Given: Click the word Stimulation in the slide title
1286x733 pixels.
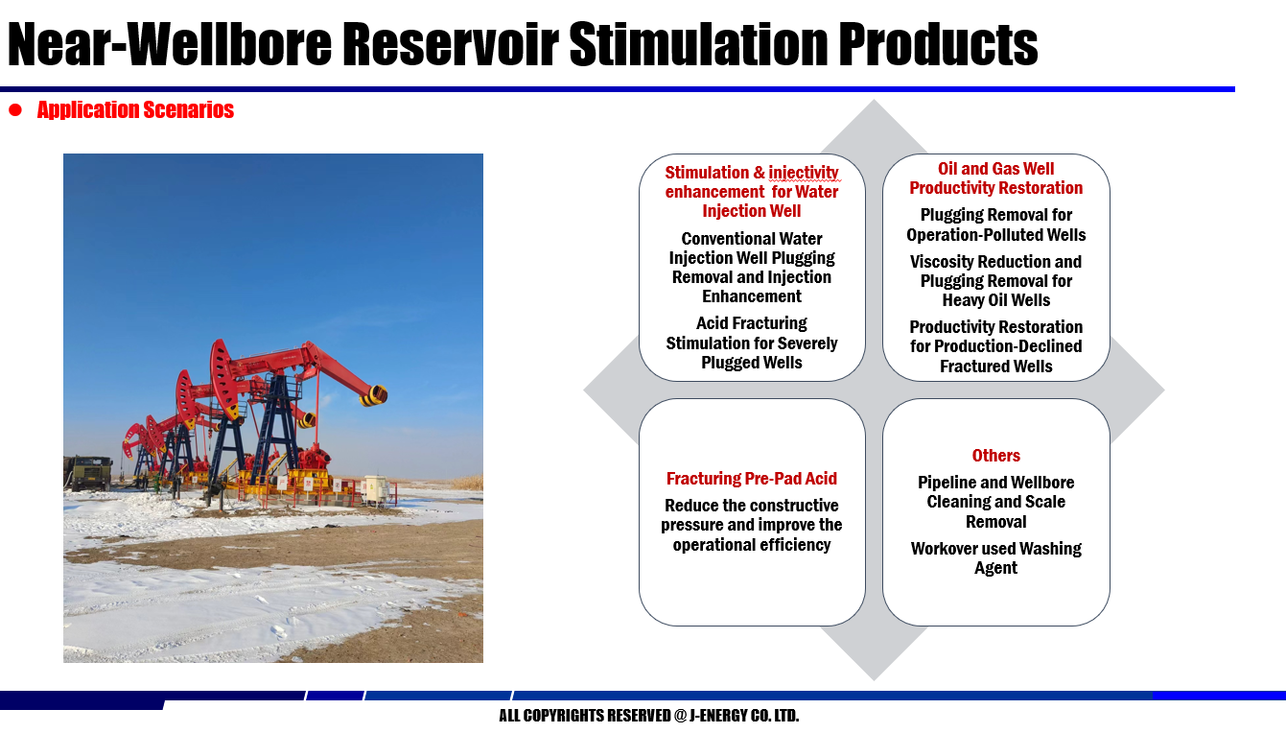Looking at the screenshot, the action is point(699,44).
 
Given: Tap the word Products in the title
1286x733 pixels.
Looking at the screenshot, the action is point(938,44).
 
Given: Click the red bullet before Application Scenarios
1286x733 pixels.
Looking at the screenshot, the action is point(15,109).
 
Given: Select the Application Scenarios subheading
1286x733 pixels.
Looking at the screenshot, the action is point(135,109).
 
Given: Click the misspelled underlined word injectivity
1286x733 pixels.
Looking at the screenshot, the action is point(804,173).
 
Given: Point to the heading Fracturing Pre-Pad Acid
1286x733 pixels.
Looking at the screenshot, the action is point(752,478).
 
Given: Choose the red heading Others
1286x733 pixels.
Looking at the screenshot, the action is point(996,455).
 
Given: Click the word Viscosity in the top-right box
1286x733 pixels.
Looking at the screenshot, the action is point(942,262).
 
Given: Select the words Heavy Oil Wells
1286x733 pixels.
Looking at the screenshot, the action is point(996,300).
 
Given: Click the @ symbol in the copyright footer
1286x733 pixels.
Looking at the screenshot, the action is point(680,715).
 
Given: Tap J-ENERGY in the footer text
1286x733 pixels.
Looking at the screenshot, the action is point(717,715).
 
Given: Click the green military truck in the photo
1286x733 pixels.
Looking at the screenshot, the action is point(89,472).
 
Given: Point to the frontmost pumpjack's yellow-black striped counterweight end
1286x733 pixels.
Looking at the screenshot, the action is point(374,395).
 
